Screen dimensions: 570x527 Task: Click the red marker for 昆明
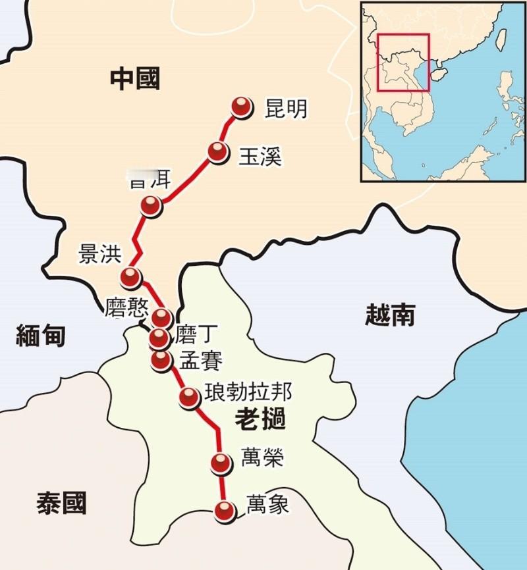[242, 107]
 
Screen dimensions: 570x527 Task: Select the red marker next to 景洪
[130, 277]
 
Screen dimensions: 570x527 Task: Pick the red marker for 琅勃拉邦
[189, 396]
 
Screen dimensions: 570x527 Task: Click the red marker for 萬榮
[221, 463]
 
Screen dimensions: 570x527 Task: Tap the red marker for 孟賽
[160, 359]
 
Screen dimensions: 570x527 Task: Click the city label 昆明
[285, 108]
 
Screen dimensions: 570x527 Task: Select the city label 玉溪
[260, 155]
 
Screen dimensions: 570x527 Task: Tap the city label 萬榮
[262, 457]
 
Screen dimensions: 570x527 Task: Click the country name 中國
[135, 80]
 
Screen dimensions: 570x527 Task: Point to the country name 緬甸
[41, 336]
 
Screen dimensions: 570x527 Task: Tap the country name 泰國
[61, 504]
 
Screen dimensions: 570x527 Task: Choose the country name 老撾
[260, 419]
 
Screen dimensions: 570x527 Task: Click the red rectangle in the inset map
[403, 63]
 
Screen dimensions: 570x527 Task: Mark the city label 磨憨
[126, 309]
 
